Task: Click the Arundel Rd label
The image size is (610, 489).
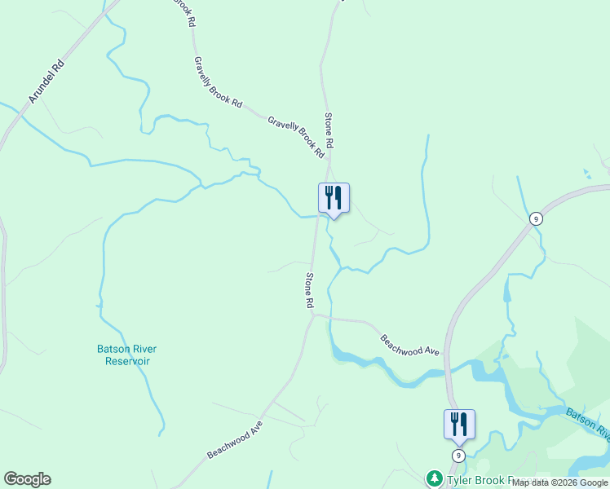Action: click(x=46, y=81)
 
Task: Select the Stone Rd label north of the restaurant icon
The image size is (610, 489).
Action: click(x=329, y=130)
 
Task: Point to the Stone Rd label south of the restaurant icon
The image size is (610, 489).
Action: click(x=310, y=290)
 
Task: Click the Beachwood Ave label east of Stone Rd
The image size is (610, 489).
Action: click(x=410, y=345)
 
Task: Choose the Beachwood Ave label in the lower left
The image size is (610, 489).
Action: click(x=236, y=439)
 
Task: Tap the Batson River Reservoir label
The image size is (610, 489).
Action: click(x=126, y=355)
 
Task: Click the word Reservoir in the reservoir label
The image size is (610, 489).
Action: click(x=126, y=361)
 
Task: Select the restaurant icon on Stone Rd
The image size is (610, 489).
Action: click(x=333, y=198)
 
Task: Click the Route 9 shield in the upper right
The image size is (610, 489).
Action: click(x=535, y=218)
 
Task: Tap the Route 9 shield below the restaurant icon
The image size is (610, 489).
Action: click(x=459, y=456)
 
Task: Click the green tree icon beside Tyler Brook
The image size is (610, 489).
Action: click(x=434, y=478)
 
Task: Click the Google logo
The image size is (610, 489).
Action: click(x=27, y=479)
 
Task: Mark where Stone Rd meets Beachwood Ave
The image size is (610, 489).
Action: click(x=312, y=315)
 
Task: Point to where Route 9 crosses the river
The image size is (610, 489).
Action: click(x=448, y=372)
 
